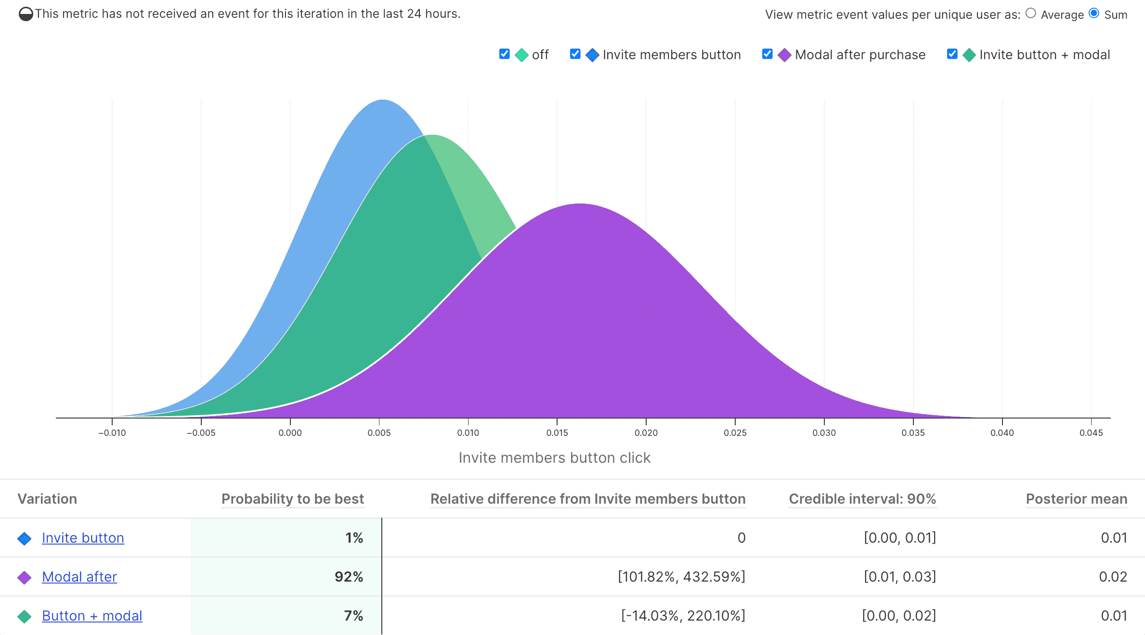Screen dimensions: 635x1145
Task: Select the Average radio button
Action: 1030,13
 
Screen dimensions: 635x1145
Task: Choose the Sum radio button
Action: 1094,13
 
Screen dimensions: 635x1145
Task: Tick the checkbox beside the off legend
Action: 505,54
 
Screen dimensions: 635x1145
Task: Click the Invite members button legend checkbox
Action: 575,54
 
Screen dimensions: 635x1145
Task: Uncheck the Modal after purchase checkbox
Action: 768,54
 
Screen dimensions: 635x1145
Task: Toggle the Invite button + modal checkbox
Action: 952,54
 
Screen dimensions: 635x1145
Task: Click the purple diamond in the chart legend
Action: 784,55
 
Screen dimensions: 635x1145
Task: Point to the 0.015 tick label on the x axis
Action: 557,433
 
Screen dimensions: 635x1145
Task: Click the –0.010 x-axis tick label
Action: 112,433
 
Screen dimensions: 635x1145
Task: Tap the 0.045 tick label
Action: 1091,433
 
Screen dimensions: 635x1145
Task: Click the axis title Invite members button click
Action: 554,458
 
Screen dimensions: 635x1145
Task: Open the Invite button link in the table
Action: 83,538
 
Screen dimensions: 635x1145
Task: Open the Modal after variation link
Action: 79,577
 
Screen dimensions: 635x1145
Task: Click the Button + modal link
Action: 92,616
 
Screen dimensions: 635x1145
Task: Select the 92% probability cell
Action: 349,577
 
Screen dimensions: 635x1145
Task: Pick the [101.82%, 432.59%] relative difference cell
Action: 681,577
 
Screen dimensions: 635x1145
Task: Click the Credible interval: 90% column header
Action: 862,499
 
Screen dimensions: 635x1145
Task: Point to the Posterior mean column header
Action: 1076,499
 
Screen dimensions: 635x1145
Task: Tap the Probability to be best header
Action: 293,499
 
